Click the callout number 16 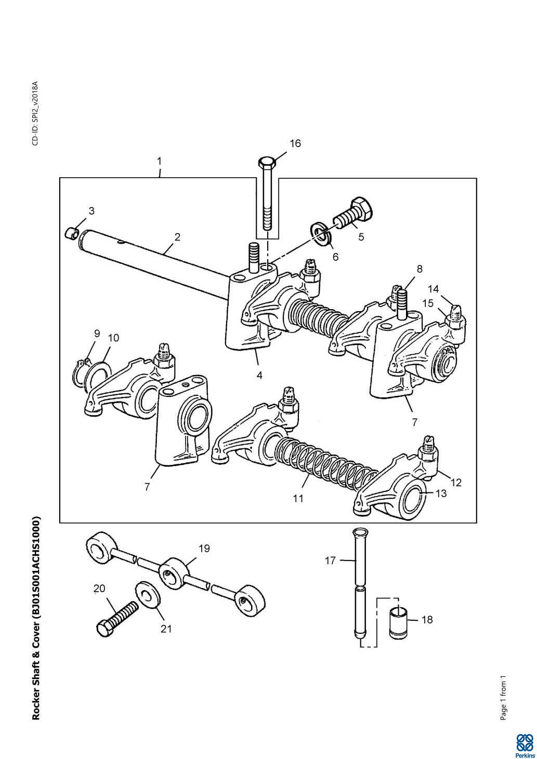coord(295,144)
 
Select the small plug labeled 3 coord(72,233)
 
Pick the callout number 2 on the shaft coord(177,237)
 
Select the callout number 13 coord(441,494)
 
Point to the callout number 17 coord(330,561)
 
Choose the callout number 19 coord(204,548)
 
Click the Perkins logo coord(525,744)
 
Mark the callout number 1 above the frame coord(160,161)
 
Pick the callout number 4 coord(260,376)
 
